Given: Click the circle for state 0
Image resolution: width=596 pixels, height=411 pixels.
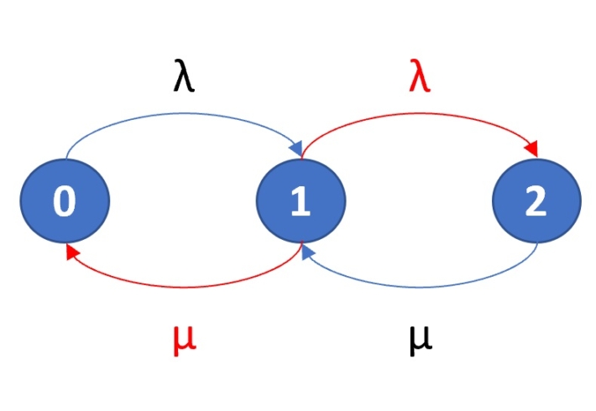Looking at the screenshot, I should tap(65, 202).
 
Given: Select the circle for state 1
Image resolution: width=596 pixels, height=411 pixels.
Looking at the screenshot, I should tap(301, 202).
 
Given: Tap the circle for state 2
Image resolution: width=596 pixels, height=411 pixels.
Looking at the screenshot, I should tap(536, 202).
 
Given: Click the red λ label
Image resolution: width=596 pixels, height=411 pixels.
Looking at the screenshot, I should tap(419, 81).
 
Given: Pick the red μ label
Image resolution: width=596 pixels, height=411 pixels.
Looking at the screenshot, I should tap(184, 340).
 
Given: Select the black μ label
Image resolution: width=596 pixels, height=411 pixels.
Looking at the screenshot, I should tap(420, 340).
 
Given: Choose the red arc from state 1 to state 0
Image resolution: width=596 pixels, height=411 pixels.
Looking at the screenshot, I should tap(184, 286).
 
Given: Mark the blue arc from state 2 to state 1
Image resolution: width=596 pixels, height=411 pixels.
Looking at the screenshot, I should tap(420, 286).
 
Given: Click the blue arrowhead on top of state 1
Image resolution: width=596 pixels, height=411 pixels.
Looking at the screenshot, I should tap(295, 149).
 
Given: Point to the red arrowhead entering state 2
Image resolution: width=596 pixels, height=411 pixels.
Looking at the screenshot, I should tap(531, 149).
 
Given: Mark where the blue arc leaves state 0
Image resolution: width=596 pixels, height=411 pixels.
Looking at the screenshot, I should tap(66, 156).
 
